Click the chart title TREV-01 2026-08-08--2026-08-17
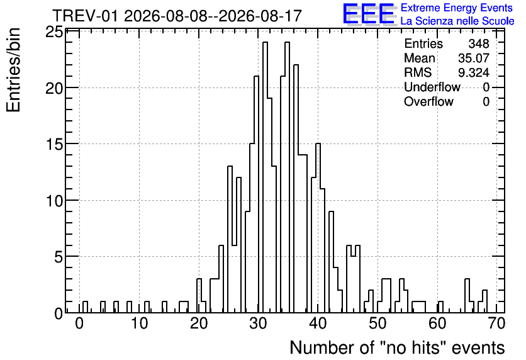point(177,16)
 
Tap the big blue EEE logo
point(369,13)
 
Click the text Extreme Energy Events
point(457,8)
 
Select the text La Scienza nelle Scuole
point(457,21)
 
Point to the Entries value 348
point(479,43)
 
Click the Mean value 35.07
point(474,58)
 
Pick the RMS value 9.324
point(474,72)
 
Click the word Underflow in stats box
point(432,87)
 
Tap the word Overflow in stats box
point(428,101)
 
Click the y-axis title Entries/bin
point(14,70)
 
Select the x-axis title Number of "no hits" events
point(397,347)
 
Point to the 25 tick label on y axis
point(54,32)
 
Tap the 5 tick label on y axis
point(59,257)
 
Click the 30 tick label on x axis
point(259,323)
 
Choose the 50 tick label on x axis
point(378,323)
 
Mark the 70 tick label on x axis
point(497,323)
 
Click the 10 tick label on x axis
point(139,323)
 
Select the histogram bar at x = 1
point(85,307)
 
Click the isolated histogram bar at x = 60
point(440,307)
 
